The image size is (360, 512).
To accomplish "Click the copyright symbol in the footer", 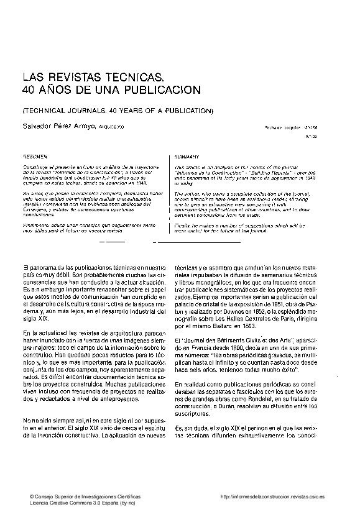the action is [x=24, y=497].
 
